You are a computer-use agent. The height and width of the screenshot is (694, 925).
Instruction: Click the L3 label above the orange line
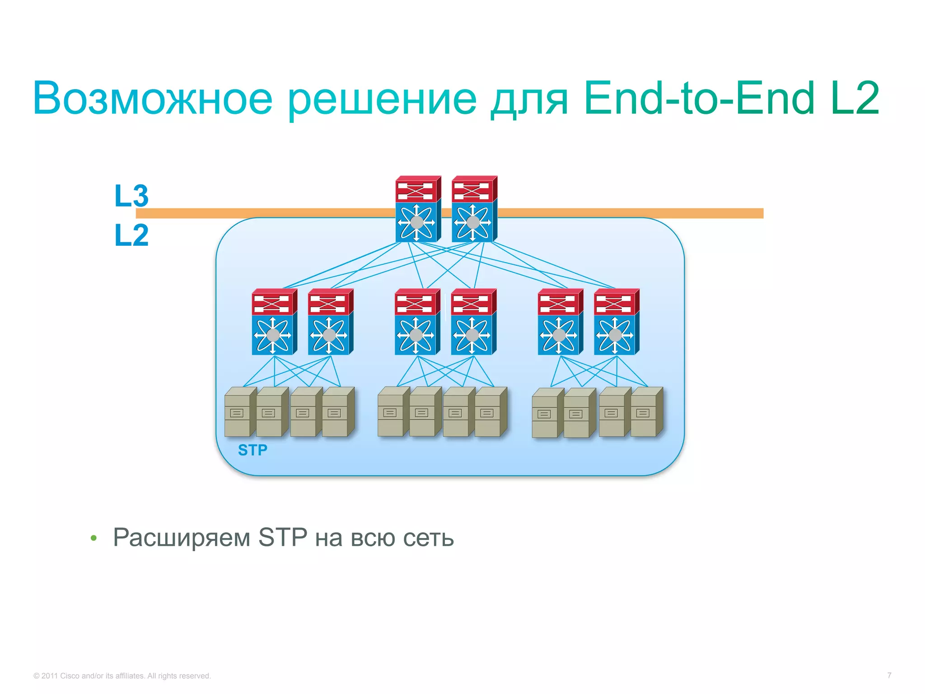(131, 196)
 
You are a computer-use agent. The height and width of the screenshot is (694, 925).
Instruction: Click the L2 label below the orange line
(131, 235)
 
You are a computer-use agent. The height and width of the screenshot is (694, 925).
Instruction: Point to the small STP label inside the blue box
(252, 450)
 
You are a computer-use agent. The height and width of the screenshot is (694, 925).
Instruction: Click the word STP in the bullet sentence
(282, 537)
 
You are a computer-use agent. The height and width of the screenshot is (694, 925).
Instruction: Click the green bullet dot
(93, 538)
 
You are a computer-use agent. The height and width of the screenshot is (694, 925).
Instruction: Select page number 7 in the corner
(889, 675)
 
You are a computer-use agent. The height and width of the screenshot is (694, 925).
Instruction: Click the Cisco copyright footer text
(122, 676)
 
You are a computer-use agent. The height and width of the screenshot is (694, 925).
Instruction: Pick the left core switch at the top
(417, 209)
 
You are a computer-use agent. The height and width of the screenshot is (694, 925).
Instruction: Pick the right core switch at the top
(474, 209)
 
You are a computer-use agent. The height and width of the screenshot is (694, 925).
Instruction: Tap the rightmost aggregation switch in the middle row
(616, 322)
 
